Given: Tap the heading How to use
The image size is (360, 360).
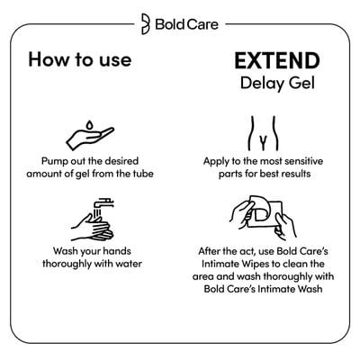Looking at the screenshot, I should (x=79, y=61).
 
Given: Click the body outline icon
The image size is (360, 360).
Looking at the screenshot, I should (x=265, y=133).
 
